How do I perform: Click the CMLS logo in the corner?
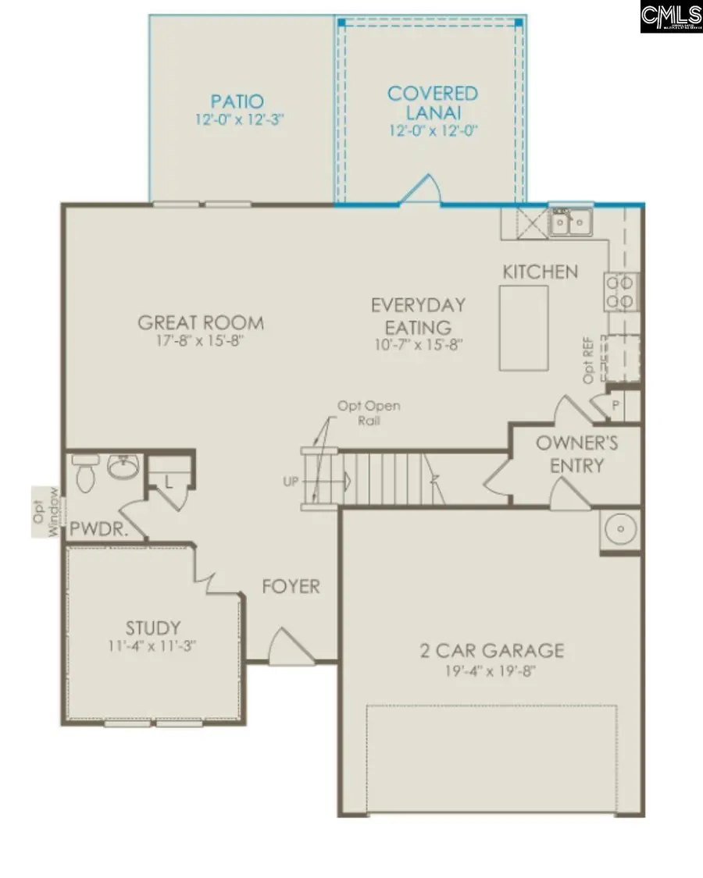tap(671, 16)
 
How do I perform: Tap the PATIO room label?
tap(237, 101)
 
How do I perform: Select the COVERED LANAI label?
tap(433, 102)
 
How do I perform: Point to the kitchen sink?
tap(570, 223)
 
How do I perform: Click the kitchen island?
tap(523, 327)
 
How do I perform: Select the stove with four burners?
tap(622, 291)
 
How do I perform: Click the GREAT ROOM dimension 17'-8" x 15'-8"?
tap(201, 342)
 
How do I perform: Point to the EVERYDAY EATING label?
tap(418, 315)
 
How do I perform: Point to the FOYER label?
tap(291, 586)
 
